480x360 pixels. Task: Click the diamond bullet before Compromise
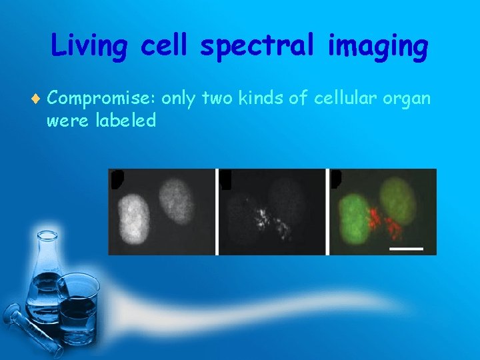pyautogui.click(x=37, y=100)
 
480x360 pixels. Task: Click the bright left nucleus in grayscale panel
pyautogui.click(x=133, y=217)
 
